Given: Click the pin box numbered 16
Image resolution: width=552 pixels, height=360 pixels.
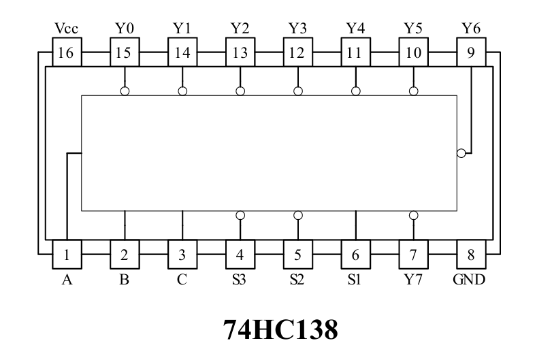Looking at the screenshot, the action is point(67,52).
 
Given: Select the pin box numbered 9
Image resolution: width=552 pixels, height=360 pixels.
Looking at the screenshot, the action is point(472,52).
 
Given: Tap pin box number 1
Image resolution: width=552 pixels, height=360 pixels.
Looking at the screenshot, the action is point(67,255).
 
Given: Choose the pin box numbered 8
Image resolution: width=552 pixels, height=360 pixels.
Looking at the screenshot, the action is point(472,255).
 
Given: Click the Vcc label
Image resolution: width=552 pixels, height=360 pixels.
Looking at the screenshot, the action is point(66,28).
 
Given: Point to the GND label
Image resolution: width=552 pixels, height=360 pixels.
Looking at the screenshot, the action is point(469,280).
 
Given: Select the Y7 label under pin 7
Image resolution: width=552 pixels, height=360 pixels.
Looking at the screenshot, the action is point(413,280).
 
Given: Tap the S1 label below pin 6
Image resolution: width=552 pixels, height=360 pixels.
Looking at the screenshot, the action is point(355,280).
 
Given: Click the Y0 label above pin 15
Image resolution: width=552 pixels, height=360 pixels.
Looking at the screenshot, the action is point(125,28).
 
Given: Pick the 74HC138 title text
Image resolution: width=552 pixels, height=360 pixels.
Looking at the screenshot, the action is point(280,330).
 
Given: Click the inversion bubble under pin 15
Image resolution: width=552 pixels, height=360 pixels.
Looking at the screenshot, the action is point(125,91).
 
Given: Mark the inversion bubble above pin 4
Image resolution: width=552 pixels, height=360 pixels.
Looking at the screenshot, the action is point(240,215).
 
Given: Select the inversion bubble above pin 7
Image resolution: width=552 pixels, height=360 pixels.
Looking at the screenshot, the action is point(414,215).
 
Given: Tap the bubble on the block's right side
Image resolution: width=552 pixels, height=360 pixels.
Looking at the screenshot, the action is point(461,153).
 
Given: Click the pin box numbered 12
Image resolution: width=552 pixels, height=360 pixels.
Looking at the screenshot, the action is point(298,52).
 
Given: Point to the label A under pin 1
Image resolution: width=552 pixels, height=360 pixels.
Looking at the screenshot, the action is point(67,280).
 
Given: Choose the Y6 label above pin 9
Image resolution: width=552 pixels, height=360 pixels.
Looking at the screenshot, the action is point(471,28).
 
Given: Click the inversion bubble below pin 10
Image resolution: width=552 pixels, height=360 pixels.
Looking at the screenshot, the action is point(414,91).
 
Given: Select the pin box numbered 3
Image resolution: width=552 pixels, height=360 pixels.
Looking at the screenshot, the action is point(182,255).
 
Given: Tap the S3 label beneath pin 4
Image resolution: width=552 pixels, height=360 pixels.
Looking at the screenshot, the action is point(239,280).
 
